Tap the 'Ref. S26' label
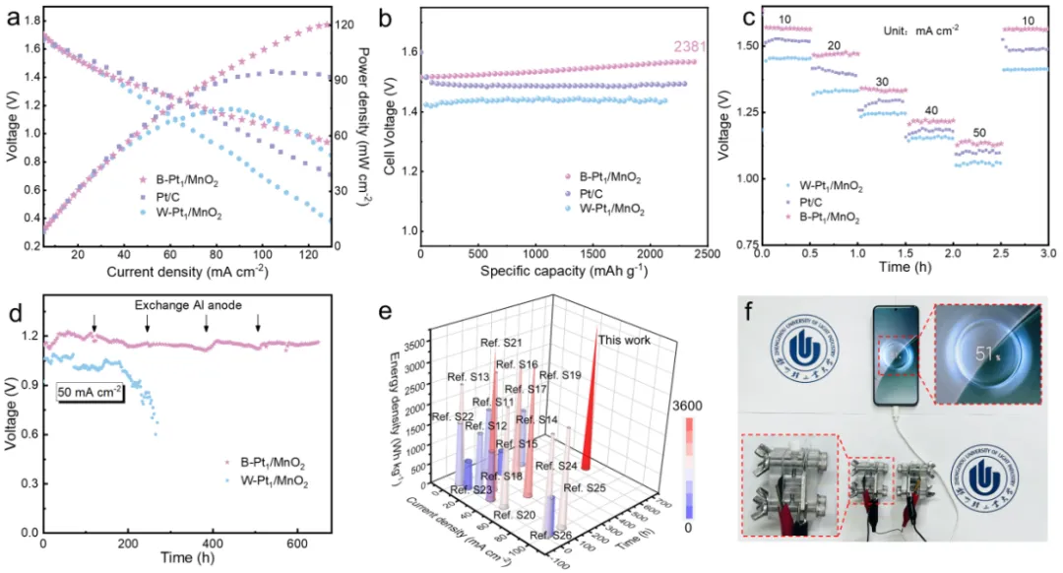click(x=550, y=535)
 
